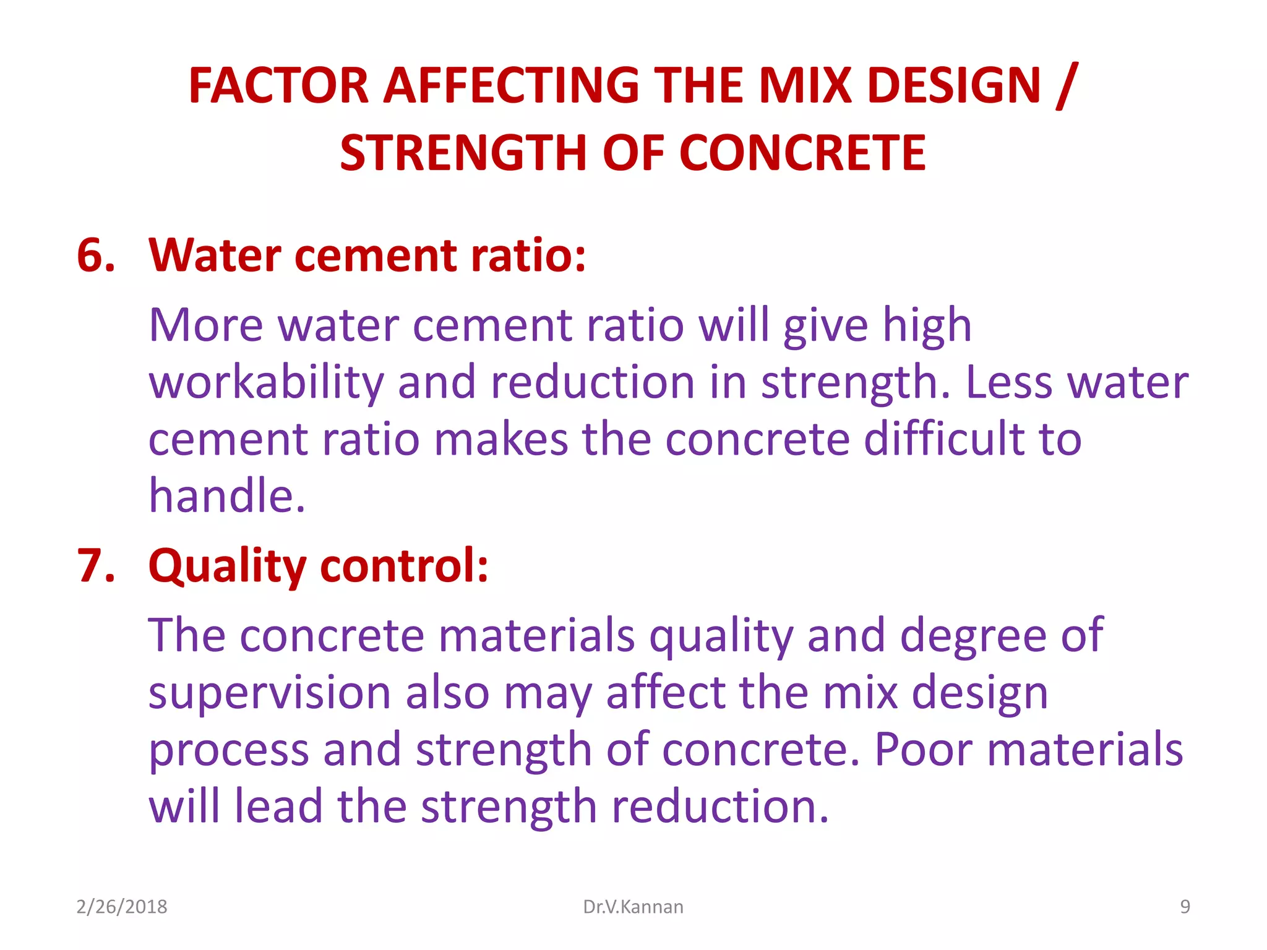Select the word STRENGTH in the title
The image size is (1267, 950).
[x=463, y=153]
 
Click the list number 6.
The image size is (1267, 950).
[x=96, y=255]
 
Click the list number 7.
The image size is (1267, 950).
[x=96, y=565]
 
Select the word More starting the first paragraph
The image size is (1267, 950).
[x=205, y=325]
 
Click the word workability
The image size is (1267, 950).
[x=266, y=382]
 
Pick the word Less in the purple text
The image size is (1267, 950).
[x=1008, y=382]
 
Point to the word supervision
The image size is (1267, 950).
[x=269, y=693]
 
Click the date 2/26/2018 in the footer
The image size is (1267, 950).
[x=122, y=907]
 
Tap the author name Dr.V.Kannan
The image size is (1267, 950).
[x=633, y=907]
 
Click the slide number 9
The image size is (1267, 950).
[x=1185, y=907]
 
